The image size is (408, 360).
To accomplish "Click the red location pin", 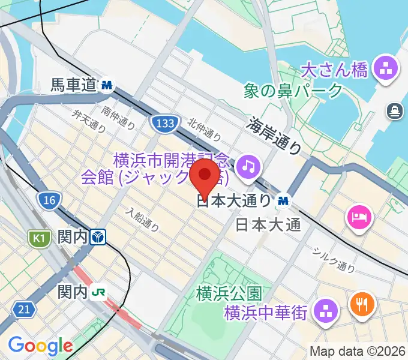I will click(x=205, y=176).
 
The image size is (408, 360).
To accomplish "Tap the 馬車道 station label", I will click(x=73, y=86).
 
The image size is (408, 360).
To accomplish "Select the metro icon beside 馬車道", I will click(x=107, y=85).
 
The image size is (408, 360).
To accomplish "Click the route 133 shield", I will click(x=163, y=124).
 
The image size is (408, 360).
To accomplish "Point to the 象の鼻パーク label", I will click(x=293, y=91).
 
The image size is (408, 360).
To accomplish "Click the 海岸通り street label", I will click(x=275, y=136).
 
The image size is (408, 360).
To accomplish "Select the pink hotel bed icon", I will click(x=358, y=215).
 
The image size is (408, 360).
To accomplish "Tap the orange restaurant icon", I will click(x=361, y=305).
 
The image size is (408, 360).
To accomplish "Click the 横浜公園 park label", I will click(x=229, y=294).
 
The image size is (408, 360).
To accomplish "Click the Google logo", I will click(x=40, y=346).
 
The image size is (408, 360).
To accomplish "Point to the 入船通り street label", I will click(x=143, y=219).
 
